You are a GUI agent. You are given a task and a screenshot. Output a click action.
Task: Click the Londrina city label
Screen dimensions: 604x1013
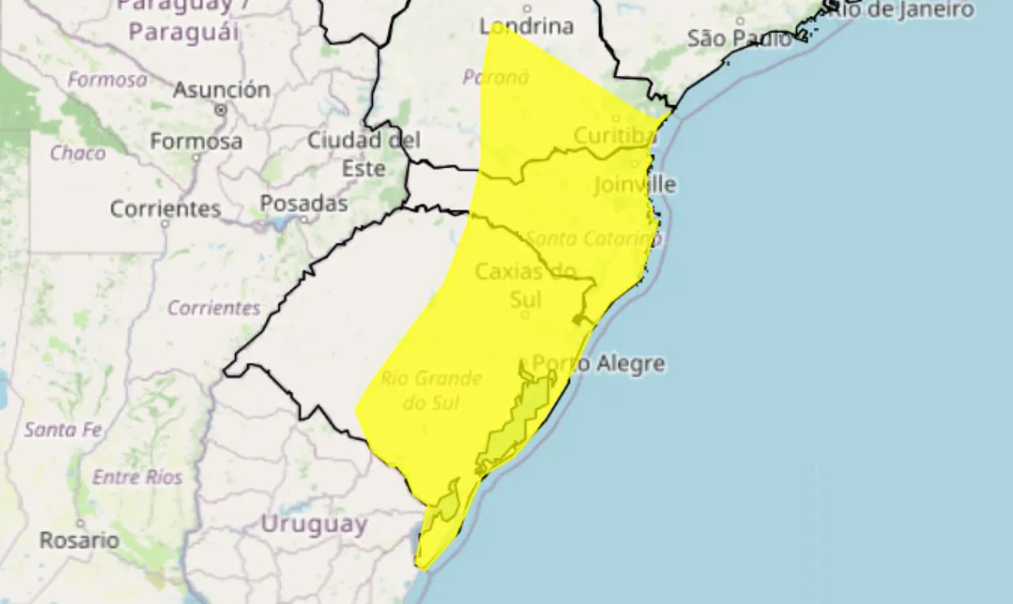pos(526,26)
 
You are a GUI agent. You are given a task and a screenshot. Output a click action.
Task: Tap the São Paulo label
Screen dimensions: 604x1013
pos(738,38)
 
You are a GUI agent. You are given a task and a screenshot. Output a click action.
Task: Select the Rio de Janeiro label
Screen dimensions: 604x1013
pos(909,10)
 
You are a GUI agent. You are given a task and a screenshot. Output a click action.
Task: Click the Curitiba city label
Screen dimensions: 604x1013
pos(615,136)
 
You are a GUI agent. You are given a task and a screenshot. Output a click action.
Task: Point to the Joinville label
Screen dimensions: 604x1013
pos(635,185)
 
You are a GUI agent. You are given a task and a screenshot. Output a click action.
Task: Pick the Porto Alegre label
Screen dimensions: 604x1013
pos(598,364)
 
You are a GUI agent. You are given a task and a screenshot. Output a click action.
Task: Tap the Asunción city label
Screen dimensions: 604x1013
pos(222,90)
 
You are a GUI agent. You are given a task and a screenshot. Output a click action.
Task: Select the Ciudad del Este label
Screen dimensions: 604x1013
pos(364,154)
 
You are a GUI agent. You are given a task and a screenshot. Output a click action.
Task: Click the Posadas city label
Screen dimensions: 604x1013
pos(304,204)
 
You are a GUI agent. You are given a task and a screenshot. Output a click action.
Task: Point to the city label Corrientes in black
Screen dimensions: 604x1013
pos(165,210)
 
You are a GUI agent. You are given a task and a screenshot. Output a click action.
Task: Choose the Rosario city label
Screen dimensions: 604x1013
pos(80,541)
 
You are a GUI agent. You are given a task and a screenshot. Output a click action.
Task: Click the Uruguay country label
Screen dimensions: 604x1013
pos(314,524)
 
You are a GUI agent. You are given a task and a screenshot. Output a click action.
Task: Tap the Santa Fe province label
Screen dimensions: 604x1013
pos(63,430)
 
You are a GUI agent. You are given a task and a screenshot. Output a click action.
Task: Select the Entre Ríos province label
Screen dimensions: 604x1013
pos(138,478)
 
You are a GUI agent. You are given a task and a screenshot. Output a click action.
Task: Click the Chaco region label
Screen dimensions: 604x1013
pos(78,153)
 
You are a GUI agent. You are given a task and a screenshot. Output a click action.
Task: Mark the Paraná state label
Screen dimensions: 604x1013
pos(495,77)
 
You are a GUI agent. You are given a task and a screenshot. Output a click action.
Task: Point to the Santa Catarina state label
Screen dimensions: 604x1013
pos(594,238)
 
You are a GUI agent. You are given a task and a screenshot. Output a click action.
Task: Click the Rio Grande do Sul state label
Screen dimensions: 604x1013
pos(431,391)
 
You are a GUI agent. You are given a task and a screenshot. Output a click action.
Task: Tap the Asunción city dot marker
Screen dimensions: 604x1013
pos(222,111)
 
